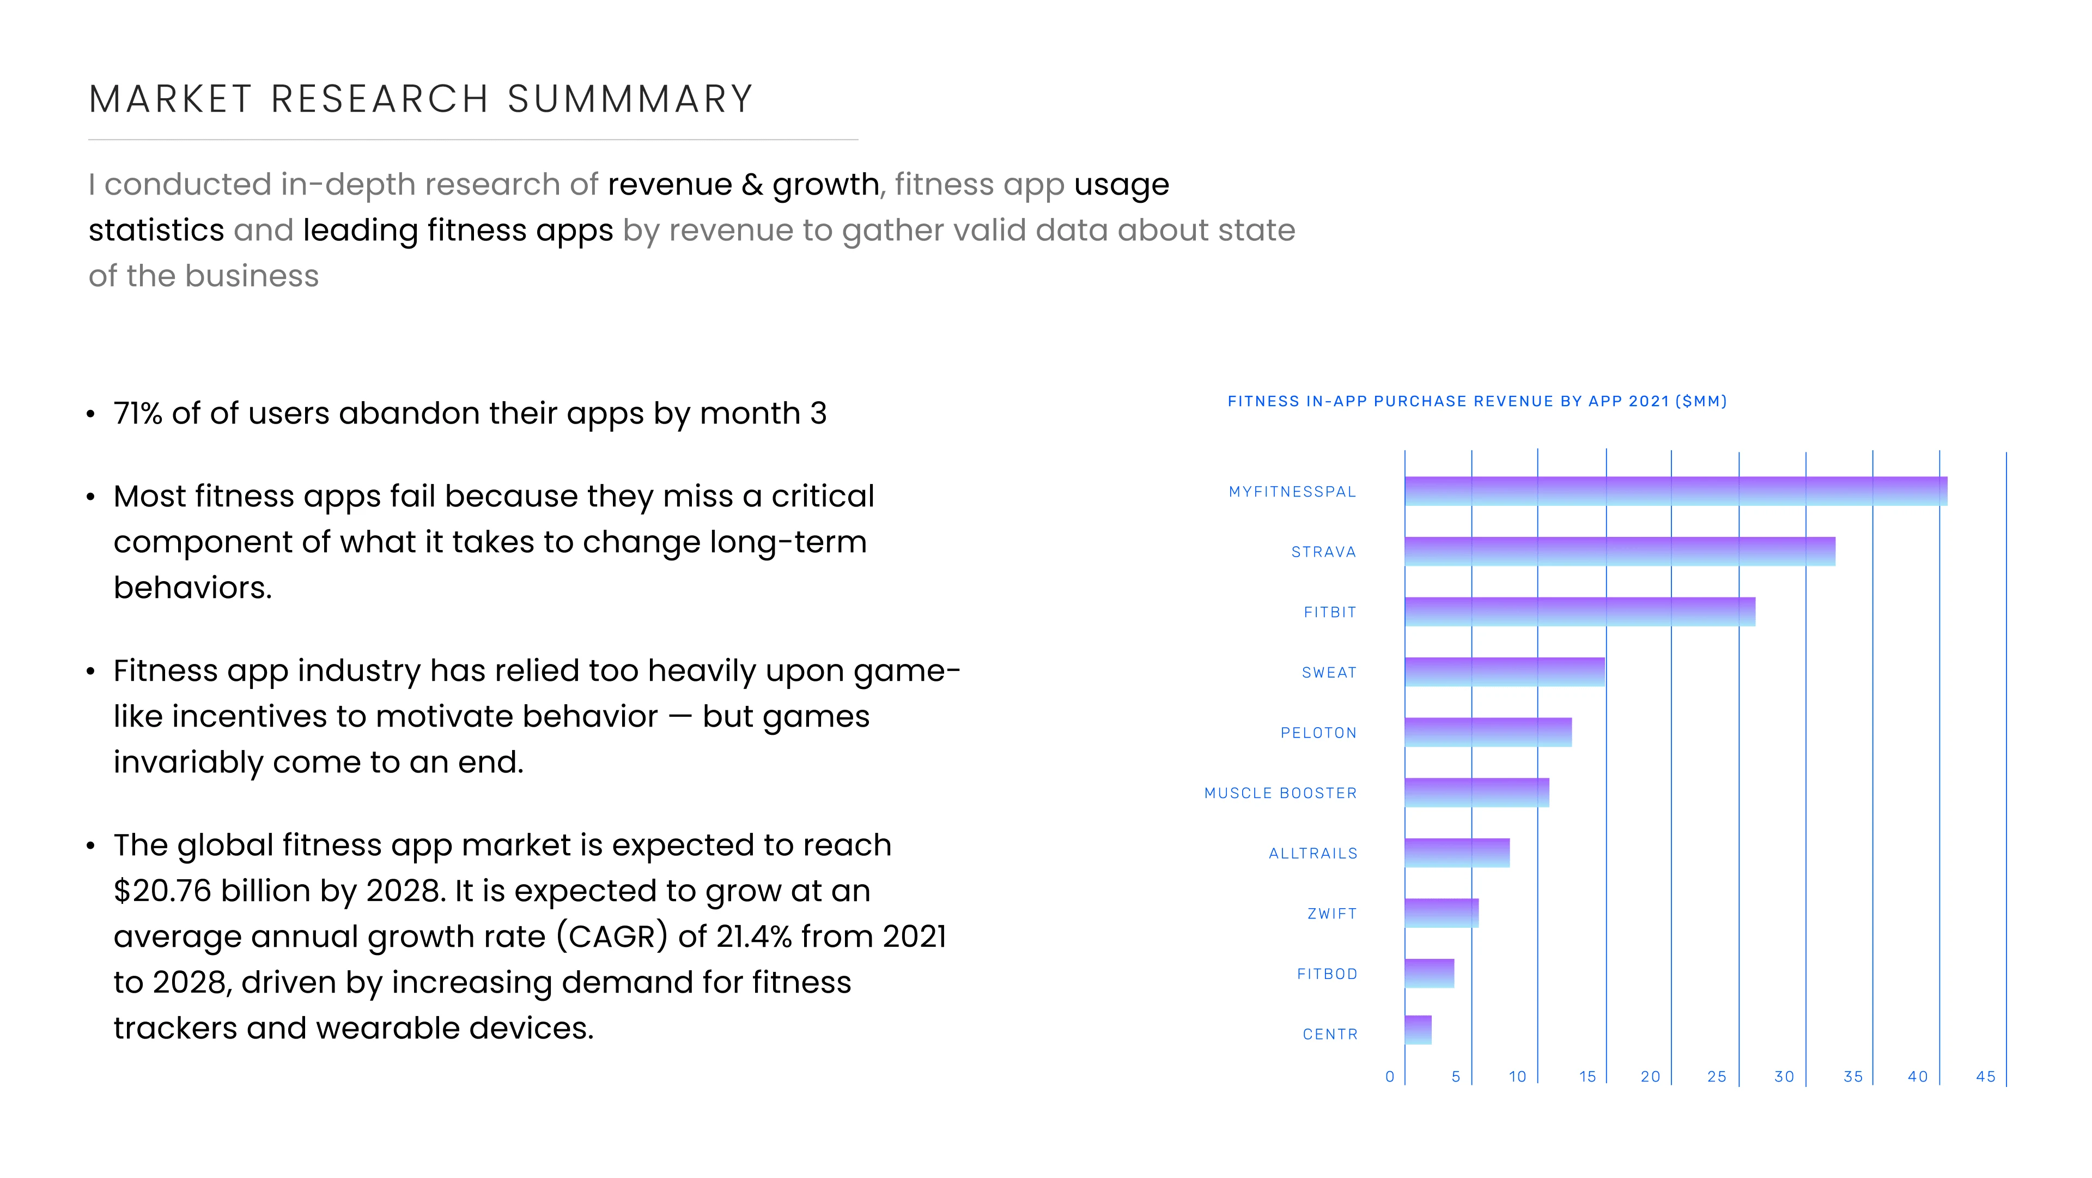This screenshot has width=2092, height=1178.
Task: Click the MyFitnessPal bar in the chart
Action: click(x=1675, y=492)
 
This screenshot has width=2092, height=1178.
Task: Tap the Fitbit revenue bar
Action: click(x=1579, y=612)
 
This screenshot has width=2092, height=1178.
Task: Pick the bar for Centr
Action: click(x=1418, y=1030)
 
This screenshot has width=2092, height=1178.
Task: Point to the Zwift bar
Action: click(x=1442, y=913)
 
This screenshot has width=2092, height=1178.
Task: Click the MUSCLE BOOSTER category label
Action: click(x=1280, y=793)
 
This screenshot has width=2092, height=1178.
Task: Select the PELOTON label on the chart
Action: click(x=1318, y=733)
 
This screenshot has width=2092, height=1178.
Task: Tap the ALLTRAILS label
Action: click(x=1312, y=853)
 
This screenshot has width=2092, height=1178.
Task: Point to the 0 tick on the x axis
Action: click(x=1390, y=1077)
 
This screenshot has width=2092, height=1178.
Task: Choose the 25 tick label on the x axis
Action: click(x=1716, y=1077)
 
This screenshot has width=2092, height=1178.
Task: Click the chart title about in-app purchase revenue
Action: click(x=1476, y=401)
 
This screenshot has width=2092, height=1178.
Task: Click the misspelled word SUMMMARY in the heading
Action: click(x=630, y=99)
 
